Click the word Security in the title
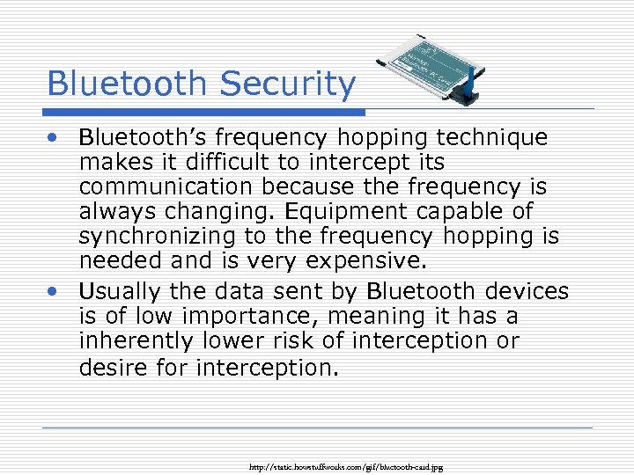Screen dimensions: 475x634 tap(288, 84)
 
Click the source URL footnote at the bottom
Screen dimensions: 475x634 tap(347, 467)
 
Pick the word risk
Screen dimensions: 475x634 tap(304, 340)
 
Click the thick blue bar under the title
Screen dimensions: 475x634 tap(205, 113)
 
